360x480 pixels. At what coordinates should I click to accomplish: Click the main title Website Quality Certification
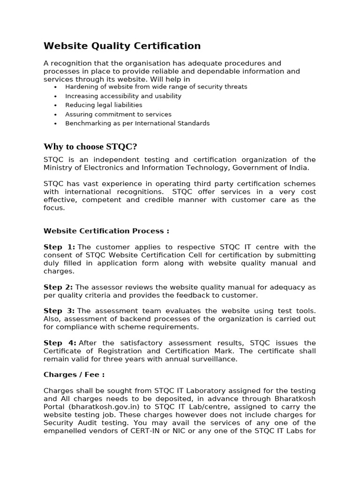click(122, 46)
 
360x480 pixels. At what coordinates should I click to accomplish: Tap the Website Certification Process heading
click(106, 231)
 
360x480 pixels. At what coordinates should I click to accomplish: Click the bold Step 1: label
click(59, 247)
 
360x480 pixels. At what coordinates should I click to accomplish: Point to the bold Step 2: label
click(58, 287)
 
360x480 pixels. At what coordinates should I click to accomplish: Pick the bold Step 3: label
click(59, 311)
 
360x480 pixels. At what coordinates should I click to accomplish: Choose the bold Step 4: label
click(60, 343)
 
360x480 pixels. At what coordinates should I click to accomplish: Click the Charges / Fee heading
click(74, 375)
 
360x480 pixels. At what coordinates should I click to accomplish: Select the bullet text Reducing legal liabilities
click(104, 105)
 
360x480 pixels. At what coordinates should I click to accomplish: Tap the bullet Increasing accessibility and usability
click(123, 96)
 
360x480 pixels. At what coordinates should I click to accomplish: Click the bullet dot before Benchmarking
click(55, 124)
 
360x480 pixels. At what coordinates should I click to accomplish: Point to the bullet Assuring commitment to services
click(118, 114)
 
